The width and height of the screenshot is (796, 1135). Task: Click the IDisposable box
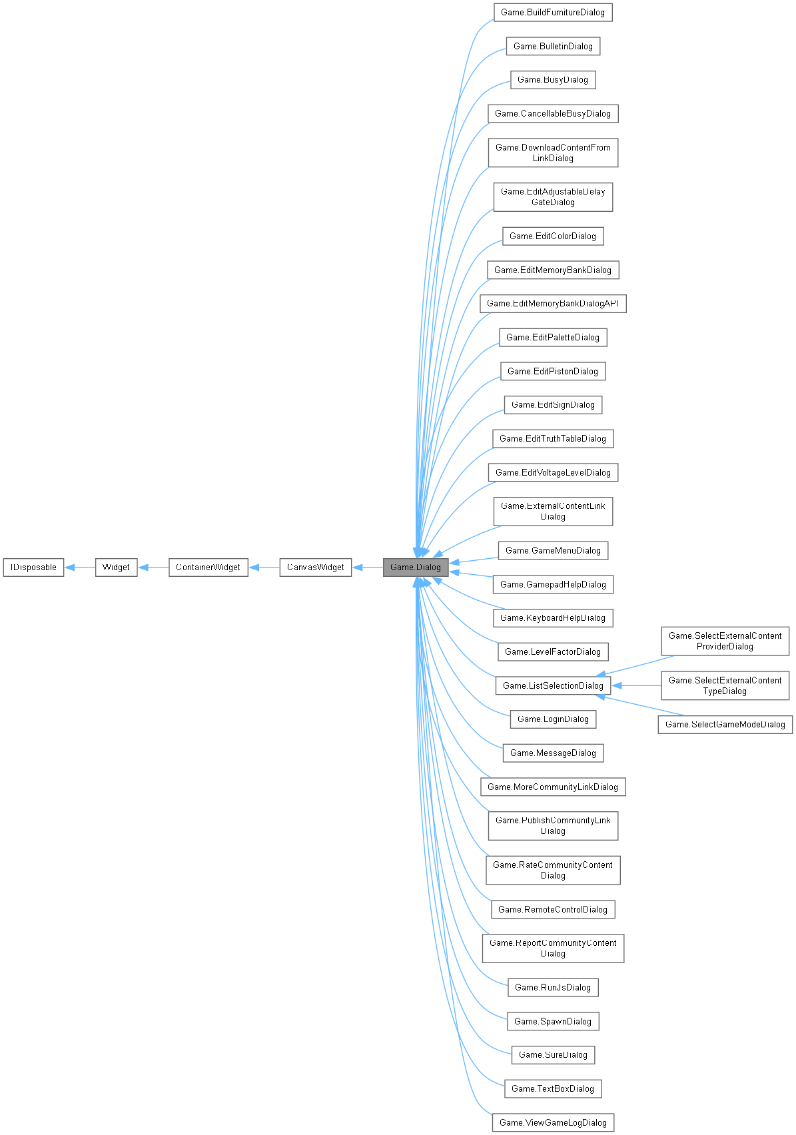[x=33, y=567]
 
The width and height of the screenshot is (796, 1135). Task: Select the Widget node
[x=116, y=567]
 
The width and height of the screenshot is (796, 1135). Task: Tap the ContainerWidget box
[x=208, y=567]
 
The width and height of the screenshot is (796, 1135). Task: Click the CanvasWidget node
[x=315, y=567]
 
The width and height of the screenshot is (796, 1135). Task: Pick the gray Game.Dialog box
[x=415, y=567]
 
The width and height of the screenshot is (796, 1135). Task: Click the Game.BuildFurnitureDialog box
[x=552, y=13]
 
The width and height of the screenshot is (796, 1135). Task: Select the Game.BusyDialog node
[x=552, y=80]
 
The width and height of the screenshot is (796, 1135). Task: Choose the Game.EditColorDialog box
[x=552, y=236]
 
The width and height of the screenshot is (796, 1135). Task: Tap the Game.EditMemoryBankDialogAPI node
[x=552, y=304]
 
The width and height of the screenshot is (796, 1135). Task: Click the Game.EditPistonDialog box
[x=552, y=372]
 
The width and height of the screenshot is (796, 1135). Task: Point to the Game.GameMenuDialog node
[x=552, y=551]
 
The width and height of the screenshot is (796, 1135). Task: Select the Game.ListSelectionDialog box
[x=552, y=686]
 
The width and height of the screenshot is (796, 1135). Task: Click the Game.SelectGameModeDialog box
[x=725, y=725]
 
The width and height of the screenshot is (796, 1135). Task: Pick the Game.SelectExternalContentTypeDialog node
[x=725, y=685]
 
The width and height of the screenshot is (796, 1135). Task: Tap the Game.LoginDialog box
[x=552, y=719]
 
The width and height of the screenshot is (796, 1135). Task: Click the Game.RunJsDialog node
[x=552, y=988]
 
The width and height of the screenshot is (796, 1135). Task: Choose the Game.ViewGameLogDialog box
[x=552, y=1123]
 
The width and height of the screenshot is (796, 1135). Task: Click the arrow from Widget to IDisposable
[x=80, y=567]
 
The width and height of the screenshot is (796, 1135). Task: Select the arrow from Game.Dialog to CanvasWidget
[x=367, y=567]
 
